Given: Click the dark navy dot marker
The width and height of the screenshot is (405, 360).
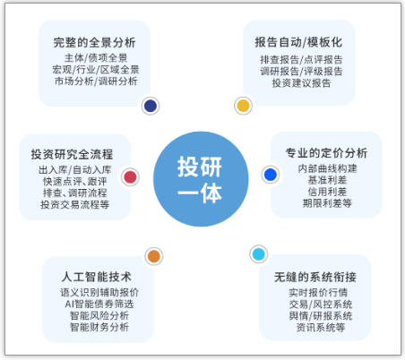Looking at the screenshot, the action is click(x=151, y=106).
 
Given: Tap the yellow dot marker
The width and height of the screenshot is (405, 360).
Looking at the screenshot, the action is click(x=243, y=106).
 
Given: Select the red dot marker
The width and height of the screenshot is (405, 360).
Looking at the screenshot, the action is click(x=130, y=177).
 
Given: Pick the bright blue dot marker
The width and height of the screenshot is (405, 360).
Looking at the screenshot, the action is click(x=271, y=175).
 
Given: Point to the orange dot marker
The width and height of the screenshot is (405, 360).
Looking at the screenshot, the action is click(x=154, y=256).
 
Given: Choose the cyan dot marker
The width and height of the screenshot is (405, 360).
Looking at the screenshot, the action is click(x=259, y=254).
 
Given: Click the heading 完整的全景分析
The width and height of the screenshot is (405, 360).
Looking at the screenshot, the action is click(x=94, y=42).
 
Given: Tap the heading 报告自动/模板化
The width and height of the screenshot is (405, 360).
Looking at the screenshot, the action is click(x=298, y=42).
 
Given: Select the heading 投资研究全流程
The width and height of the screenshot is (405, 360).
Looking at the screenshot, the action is click(x=72, y=154).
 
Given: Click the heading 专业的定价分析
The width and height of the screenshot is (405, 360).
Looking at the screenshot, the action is click(x=326, y=153).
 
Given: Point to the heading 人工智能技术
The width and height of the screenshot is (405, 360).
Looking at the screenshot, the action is click(x=97, y=277).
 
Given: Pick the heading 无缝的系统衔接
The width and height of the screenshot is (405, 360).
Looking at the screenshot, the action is click(x=315, y=277).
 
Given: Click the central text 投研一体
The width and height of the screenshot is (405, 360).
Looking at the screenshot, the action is click(x=200, y=180).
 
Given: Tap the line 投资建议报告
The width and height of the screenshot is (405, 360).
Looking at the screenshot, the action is click(x=301, y=83).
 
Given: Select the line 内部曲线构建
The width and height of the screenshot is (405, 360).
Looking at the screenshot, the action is click(x=327, y=168).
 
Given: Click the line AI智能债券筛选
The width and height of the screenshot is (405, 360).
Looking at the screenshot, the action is click(x=99, y=304).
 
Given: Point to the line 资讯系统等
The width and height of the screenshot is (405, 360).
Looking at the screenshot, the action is click(x=321, y=328).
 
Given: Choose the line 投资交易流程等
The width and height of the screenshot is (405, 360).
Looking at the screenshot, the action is click(x=75, y=204).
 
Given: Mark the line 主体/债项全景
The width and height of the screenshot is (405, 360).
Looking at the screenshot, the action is click(x=96, y=58).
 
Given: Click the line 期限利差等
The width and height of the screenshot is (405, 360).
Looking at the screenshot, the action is click(x=327, y=203).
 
